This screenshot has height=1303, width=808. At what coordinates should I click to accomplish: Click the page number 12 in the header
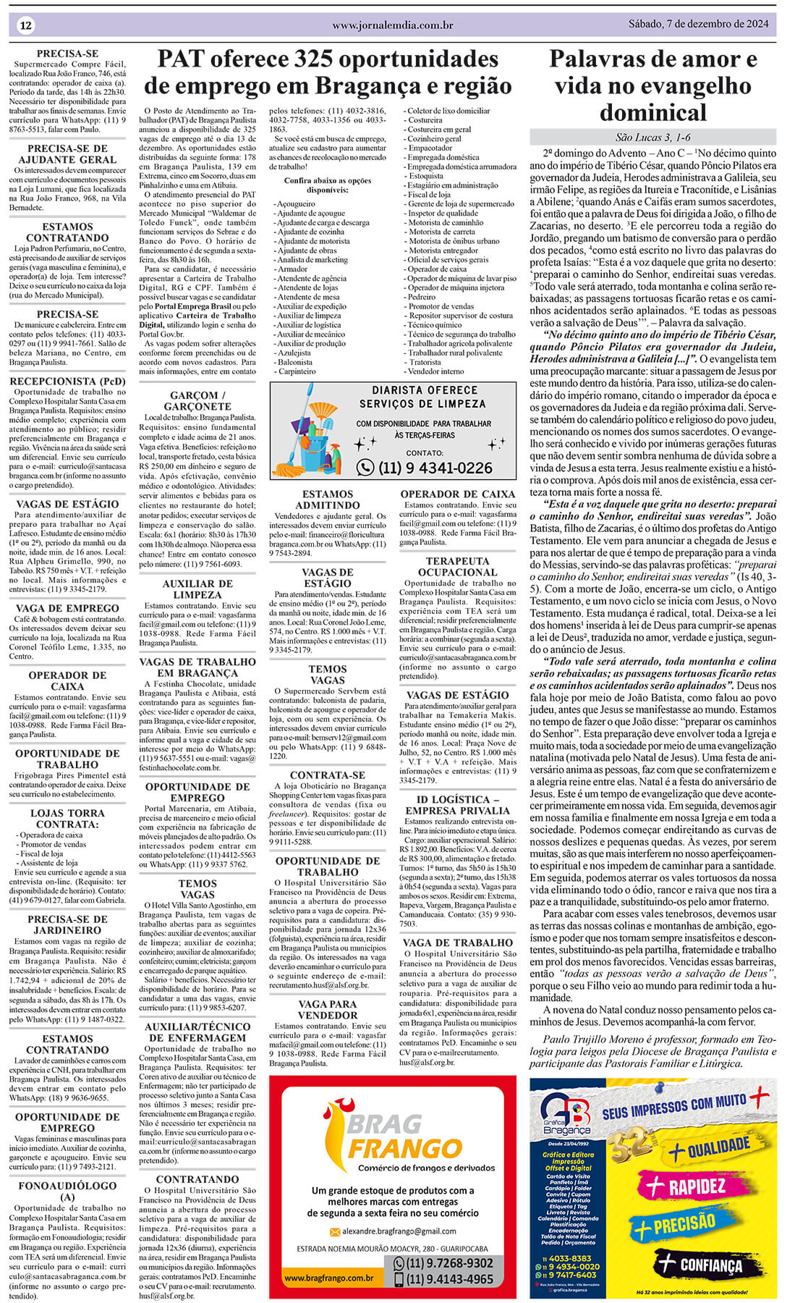26,25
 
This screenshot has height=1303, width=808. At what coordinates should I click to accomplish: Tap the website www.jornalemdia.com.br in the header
392,25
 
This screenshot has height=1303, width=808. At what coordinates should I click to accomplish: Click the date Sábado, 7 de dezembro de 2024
698,24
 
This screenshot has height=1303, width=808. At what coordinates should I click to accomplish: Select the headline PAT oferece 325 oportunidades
328,59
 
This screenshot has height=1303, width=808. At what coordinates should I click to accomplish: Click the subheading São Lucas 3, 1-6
652,138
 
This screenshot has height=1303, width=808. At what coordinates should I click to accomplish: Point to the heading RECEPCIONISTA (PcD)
67,381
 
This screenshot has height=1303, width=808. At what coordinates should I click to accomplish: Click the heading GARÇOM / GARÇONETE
197,401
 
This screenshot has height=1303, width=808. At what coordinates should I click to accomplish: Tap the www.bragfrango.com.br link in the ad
329,1278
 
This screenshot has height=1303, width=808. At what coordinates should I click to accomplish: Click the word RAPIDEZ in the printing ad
696,1187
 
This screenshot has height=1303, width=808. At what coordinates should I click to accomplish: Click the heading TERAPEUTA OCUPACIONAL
457,566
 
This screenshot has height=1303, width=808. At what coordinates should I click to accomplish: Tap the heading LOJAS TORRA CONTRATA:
67,819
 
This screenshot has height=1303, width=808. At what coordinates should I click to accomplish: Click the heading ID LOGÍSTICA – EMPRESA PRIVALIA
457,805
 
